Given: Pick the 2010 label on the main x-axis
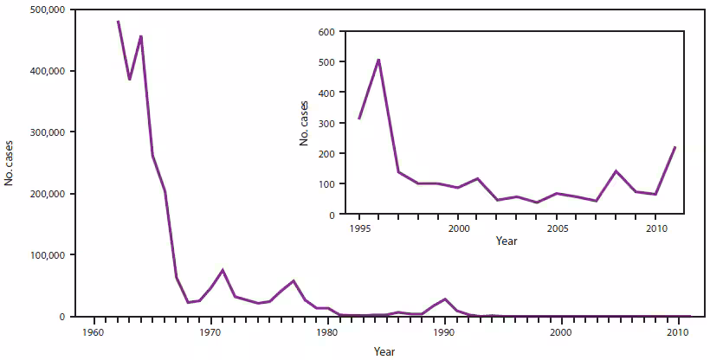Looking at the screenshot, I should (678, 331).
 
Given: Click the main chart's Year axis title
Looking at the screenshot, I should (384, 350).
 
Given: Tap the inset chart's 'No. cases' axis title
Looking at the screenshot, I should (305, 123).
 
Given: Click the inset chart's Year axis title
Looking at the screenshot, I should (507, 241).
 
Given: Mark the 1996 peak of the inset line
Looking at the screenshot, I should (378, 60).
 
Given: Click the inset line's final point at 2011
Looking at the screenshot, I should (674, 147).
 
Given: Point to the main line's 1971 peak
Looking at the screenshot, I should (223, 270).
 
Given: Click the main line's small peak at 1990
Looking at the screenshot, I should (445, 299).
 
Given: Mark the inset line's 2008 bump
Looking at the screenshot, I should (615, 170).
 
